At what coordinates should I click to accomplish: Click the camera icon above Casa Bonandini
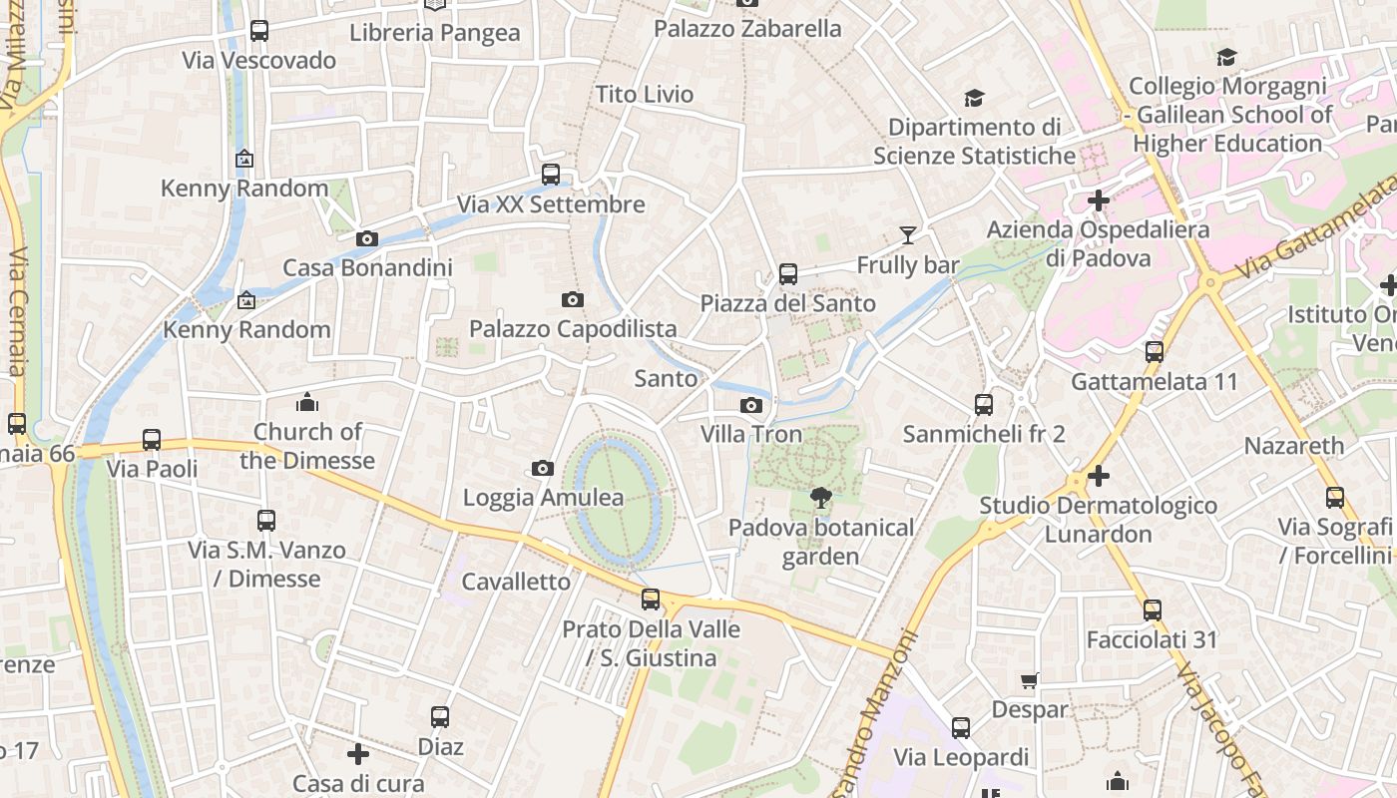366,238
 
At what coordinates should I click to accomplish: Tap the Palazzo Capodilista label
573,328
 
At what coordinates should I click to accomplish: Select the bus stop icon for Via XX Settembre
550,175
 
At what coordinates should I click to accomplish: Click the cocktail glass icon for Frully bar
907,235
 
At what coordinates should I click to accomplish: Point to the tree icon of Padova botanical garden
821,497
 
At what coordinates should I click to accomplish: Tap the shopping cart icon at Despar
1030,680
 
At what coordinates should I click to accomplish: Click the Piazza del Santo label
787,303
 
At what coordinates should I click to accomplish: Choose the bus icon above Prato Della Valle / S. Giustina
651,599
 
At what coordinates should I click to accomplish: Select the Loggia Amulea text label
543,497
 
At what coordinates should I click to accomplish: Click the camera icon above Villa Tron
751,405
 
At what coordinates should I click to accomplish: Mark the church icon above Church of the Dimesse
306,402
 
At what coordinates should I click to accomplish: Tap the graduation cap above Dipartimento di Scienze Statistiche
974,98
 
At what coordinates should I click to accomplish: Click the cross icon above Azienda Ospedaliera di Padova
1098,200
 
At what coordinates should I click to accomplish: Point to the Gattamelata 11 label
1154,381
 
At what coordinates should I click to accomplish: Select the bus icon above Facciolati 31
1153,609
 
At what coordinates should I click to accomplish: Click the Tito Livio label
644,94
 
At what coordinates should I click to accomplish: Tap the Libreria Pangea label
434,33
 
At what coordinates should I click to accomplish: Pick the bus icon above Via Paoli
152,439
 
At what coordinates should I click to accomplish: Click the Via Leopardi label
960,757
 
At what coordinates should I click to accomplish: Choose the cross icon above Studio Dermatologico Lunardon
1098,476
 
